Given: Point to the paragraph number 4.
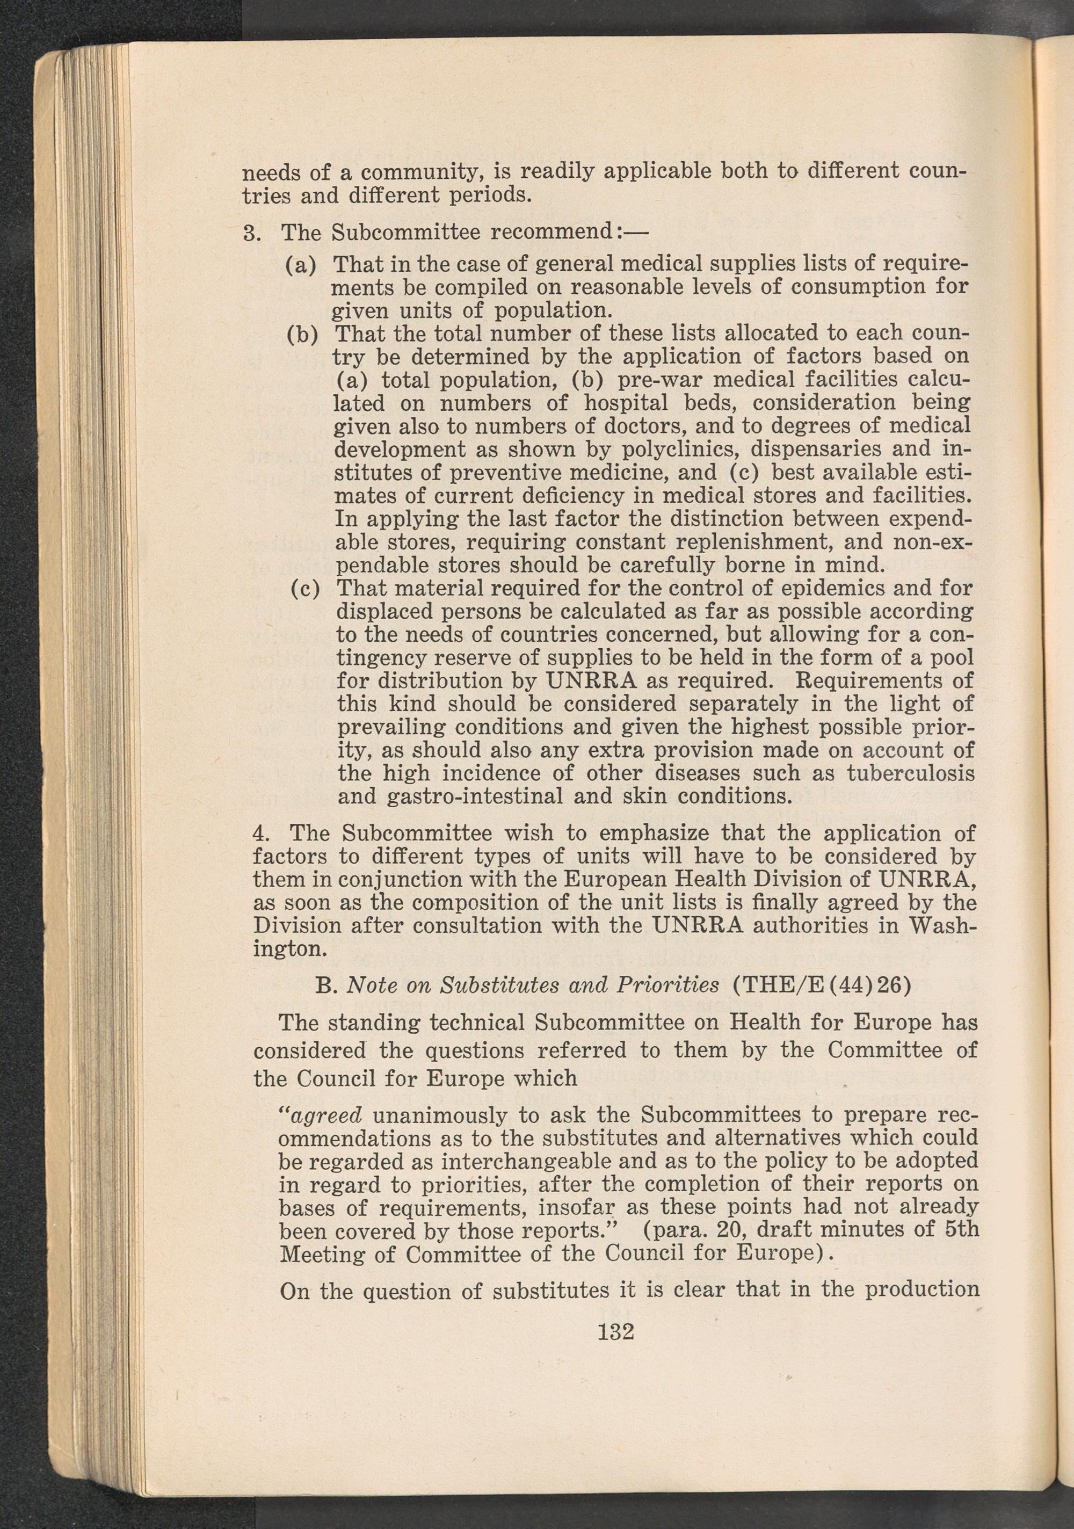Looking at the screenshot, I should (261, 833).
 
